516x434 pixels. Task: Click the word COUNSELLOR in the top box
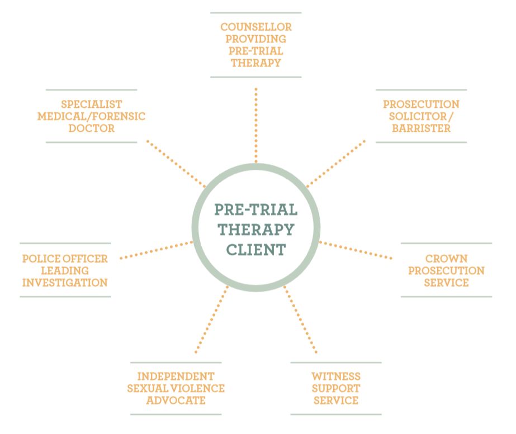pyautogui.click(x=256, y=27)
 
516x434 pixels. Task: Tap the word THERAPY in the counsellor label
pyautogui.click(x=256, y=63)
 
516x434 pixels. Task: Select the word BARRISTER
pyautogui.click(x=421, y=128)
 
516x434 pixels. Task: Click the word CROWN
pyautogui.click(x=446, y=259)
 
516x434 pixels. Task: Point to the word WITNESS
pyautogui.click(x=336, y=376)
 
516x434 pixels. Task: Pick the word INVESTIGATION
pyautogui.click(x=64, y=283)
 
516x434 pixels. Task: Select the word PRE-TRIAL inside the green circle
pyautogui.click(x=256, y=210)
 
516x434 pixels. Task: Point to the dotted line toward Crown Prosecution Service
pyautogui.click(x=356, y=250)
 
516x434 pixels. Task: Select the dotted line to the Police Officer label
pyautogui.click(x=157, y=250)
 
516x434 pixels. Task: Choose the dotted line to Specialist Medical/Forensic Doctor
pyautogui.click(x=176, y=163)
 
